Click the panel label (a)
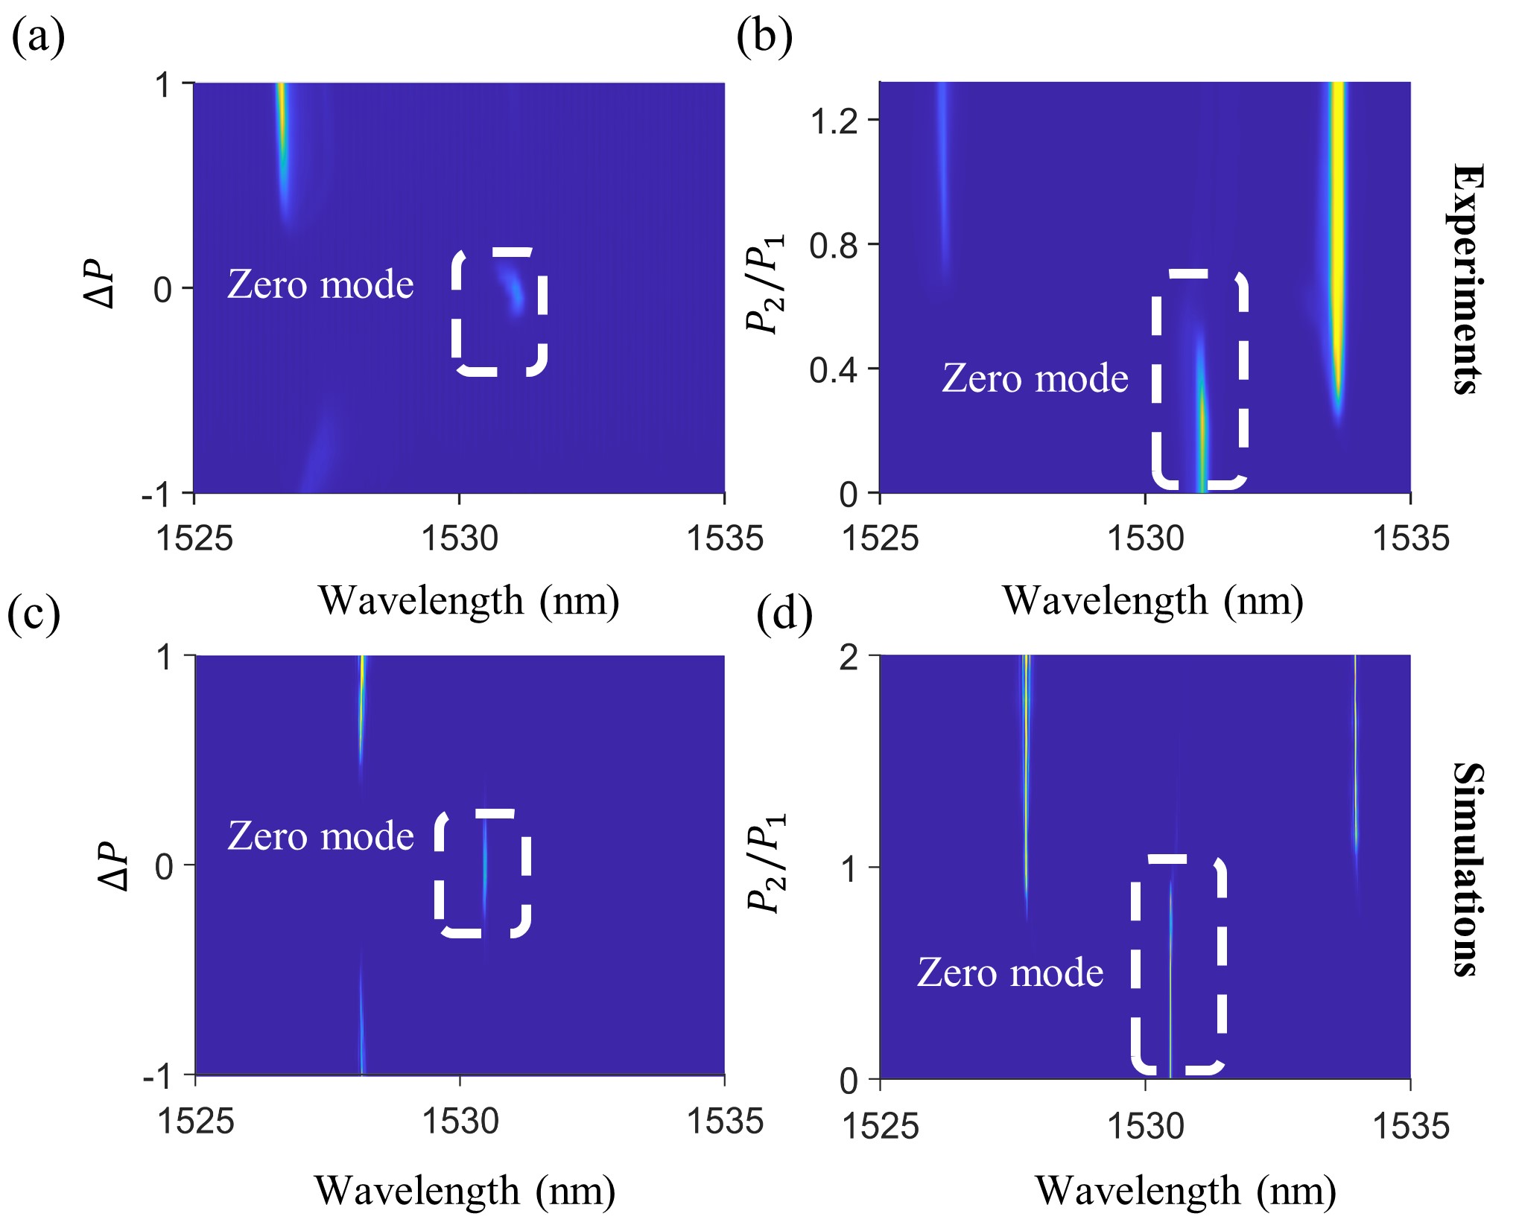38,36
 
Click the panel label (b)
764,36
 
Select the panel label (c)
34,614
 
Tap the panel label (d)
784,614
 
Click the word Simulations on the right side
1466,869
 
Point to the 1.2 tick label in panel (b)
834,121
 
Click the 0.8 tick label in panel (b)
834,245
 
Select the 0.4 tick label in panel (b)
834,369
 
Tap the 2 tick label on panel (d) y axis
849,658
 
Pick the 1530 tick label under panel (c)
460,1121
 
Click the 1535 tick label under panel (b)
1410,538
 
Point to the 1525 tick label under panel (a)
194,538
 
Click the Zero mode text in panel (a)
320,284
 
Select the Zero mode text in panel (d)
1009,973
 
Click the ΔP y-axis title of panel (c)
113,866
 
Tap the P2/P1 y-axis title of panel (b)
766,284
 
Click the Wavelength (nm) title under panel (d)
1185,1190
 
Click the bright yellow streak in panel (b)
1337,223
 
